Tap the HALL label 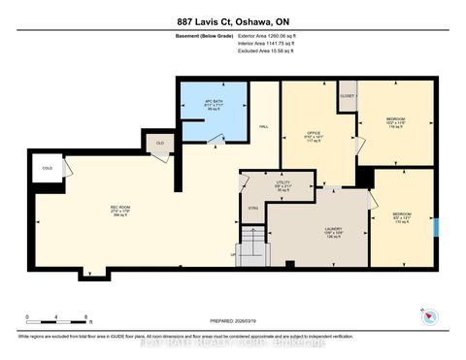coord(263,127)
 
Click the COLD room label coord(48,167)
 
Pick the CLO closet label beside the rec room coord(159,144)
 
